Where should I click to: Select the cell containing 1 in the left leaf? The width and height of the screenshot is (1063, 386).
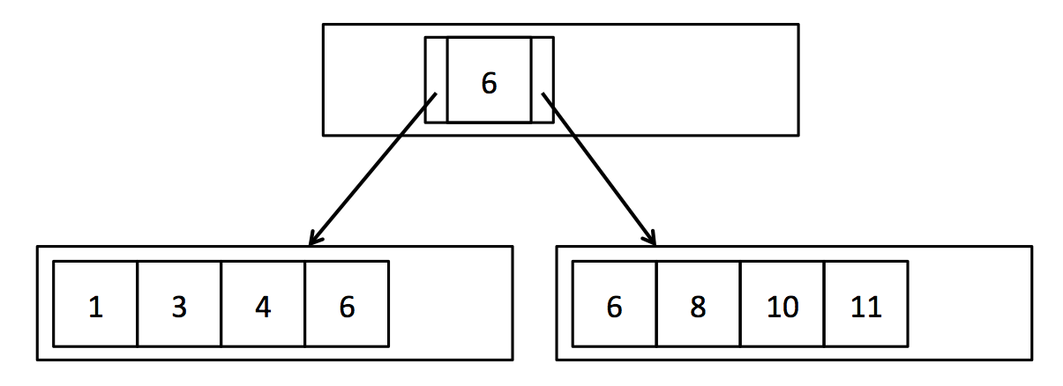(95, 304)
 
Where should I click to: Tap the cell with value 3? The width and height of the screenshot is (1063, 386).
(179, 304)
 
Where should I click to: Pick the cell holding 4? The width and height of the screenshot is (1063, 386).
(263, 304)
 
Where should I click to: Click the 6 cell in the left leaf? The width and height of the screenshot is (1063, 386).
(347, 304)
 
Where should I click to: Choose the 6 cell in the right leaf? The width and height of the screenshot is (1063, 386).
(615, 304)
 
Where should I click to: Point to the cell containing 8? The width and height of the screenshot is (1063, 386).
(698, 304)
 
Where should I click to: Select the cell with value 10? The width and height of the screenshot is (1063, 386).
(782, 304)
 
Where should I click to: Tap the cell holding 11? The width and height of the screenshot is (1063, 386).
(865, 304)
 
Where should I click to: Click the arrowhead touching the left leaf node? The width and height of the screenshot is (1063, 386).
(312, 240)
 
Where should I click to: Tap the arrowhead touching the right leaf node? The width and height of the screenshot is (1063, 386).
(652, 240)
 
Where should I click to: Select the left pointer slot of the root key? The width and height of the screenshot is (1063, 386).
(436, 79)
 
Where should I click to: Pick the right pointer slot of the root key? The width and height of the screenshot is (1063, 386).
(542, 79)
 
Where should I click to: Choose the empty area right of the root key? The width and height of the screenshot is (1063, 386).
(675, 79)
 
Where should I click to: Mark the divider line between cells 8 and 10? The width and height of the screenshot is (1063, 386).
(740, 304)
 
